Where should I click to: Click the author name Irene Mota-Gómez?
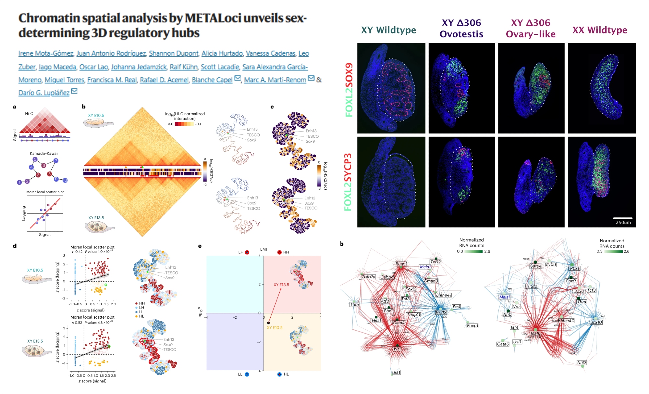[x=46, y=54]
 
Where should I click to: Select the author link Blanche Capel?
[x=212, y=80]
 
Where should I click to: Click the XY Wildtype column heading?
[x=388, y=30]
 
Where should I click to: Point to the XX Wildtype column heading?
[x=600, y=30]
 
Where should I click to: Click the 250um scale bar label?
[x=623, y=222]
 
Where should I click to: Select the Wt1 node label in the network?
[x=397, y=349]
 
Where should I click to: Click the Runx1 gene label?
[x=401, y=264]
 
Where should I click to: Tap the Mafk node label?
[x=535, y=333]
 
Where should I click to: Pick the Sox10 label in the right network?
[x=596, y=322]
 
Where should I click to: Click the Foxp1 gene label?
[x=472, y=325]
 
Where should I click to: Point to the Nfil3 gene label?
[x=582, y=362]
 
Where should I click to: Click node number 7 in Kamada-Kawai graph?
[x=56, y=160]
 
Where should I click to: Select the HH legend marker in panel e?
[x=279, y=252]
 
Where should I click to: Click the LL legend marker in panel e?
[x=247, y=375]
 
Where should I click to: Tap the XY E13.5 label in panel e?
[x=281, y=285]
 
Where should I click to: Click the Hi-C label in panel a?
[x=29, y=114]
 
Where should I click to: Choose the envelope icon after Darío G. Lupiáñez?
[x=74, y=91]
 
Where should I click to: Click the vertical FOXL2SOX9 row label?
[x=349, y=90]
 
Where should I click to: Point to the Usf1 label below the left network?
[x=396, y=373]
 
